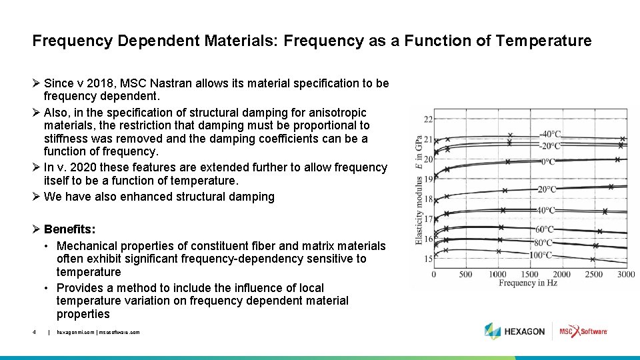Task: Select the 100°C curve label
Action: pos(541,255)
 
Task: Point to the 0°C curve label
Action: pos(547,161)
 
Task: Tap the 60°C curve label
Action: pos(543,230)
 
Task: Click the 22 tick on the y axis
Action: pos(428,119)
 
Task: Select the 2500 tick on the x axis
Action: pos(593,274)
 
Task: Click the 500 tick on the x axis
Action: pos(465,274)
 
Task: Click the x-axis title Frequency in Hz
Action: pos(527,283)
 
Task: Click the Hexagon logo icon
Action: pos(492,331)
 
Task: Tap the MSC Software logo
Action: pos(583,331)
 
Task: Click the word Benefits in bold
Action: pos(69,229)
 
